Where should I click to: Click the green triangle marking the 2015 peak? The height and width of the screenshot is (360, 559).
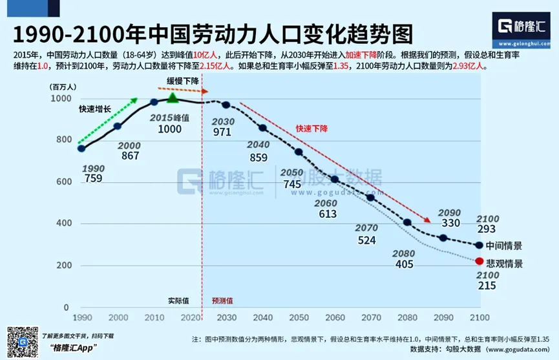pos(173,98)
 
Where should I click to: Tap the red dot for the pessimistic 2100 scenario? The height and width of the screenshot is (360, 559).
pos(479,261)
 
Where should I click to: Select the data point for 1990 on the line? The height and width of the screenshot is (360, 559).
pos(81,148)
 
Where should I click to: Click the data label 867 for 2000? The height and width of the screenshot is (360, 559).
pos(130,156)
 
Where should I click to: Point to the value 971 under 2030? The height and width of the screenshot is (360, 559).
pos(222,132)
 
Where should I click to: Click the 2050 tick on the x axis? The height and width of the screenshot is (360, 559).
pos(299,317)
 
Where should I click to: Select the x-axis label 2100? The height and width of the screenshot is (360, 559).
pos(479,317)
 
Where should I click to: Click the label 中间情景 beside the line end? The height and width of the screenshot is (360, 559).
pos(504,246)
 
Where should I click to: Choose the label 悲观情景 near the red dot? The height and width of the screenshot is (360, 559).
pos(504,264)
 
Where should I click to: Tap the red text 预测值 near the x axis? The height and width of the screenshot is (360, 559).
pos(222,301)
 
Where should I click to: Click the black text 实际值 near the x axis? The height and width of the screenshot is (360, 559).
pos(179,301)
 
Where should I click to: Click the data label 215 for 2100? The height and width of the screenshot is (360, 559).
pos(487,285)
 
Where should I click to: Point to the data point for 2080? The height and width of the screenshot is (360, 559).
pos(407,222)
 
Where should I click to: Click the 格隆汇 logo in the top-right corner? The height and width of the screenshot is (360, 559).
pos(522,26)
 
